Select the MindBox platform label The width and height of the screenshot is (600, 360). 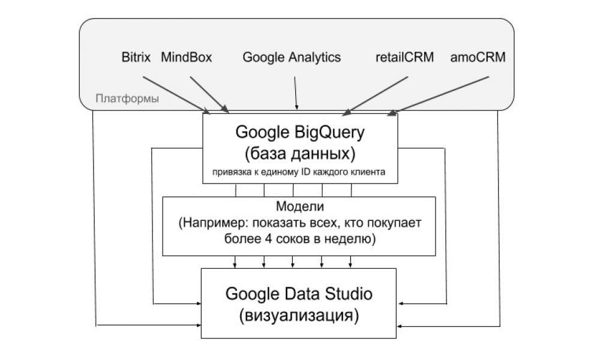coord(187,58)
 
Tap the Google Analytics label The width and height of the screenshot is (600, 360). coord(292,58)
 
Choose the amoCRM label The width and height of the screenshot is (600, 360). coord(478,58)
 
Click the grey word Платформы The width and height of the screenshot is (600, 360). coord(127,98)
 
